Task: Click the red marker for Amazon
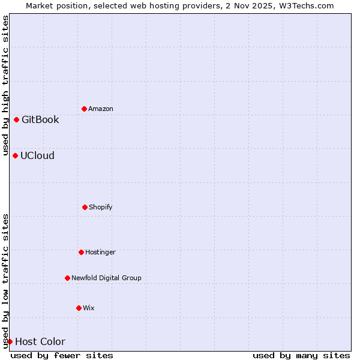click(x=84, y=109)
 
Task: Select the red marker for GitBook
click(x=16, y=119)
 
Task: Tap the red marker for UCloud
click(x=15, y=155)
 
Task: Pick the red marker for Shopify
click(x=85, y=207)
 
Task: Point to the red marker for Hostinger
click(x=81, y=252)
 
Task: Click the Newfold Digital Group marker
click(x=67, y=278)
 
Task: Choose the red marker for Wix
click(x=79, y=308)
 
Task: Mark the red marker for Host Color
click(x=10, y=341)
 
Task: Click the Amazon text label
click(x=101, y=109)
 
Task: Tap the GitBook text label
click(x=40, y=119)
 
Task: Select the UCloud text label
click(x=37, y=155)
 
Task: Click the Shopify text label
click(x=101, y=207)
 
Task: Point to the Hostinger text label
click(x=100, y=252)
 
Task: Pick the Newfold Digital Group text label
click(x=106, y=278)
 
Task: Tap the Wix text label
click(x=89, y=308)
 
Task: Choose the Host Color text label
click(x=40, y=342)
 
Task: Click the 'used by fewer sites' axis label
click(x=62, y=355)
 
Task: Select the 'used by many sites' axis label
click(x=301, y=355)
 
